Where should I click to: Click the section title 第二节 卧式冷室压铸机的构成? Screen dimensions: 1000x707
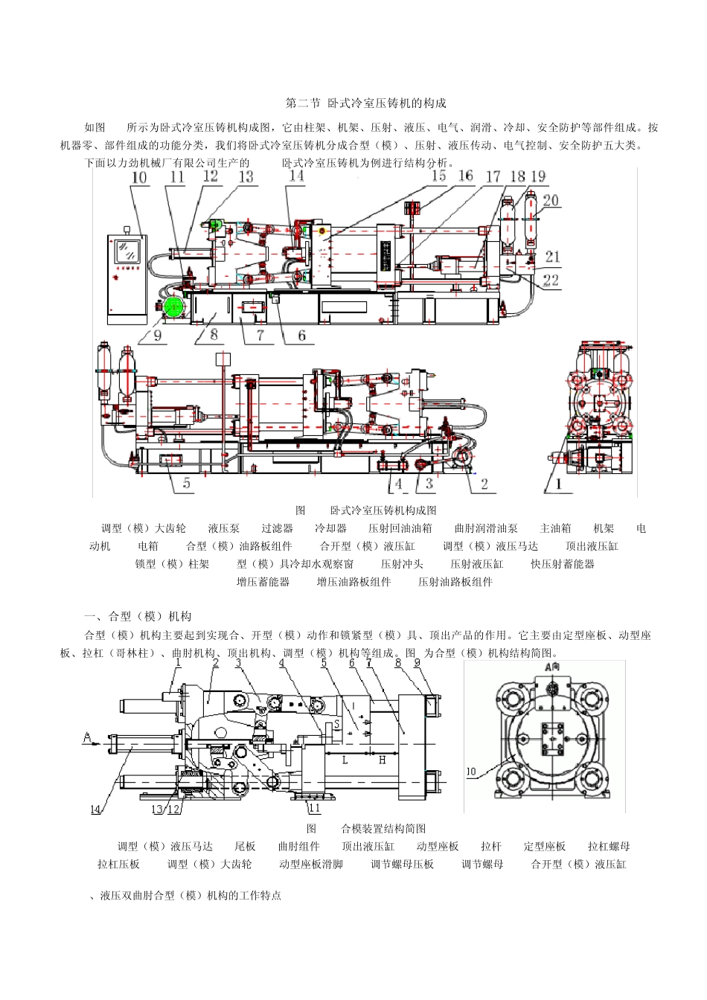[366, 103]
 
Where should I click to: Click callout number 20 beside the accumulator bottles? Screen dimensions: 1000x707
[550, 200]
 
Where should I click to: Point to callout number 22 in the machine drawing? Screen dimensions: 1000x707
[551, 281]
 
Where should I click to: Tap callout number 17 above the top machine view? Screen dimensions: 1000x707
[493, 177]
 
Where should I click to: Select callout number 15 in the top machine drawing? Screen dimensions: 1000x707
[439, 176]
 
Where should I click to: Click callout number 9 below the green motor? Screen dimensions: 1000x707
[158, 335]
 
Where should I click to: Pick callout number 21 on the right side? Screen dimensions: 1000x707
[552, 257]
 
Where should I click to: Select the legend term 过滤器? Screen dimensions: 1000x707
[277, 528]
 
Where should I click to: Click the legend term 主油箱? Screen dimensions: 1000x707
[555, 528]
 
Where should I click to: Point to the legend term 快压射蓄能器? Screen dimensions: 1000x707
[563, 564]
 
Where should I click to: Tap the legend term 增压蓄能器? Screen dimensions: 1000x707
[263, 582]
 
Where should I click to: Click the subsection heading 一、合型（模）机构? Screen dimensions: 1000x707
[139, 616]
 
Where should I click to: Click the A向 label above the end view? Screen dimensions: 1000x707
[552, 668]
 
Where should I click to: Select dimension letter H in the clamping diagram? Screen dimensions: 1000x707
[382, 760]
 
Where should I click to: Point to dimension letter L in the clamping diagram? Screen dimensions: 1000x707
[345, 760]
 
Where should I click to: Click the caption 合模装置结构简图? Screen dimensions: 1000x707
[383, 828]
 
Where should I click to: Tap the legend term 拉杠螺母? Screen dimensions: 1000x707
[609, 846]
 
